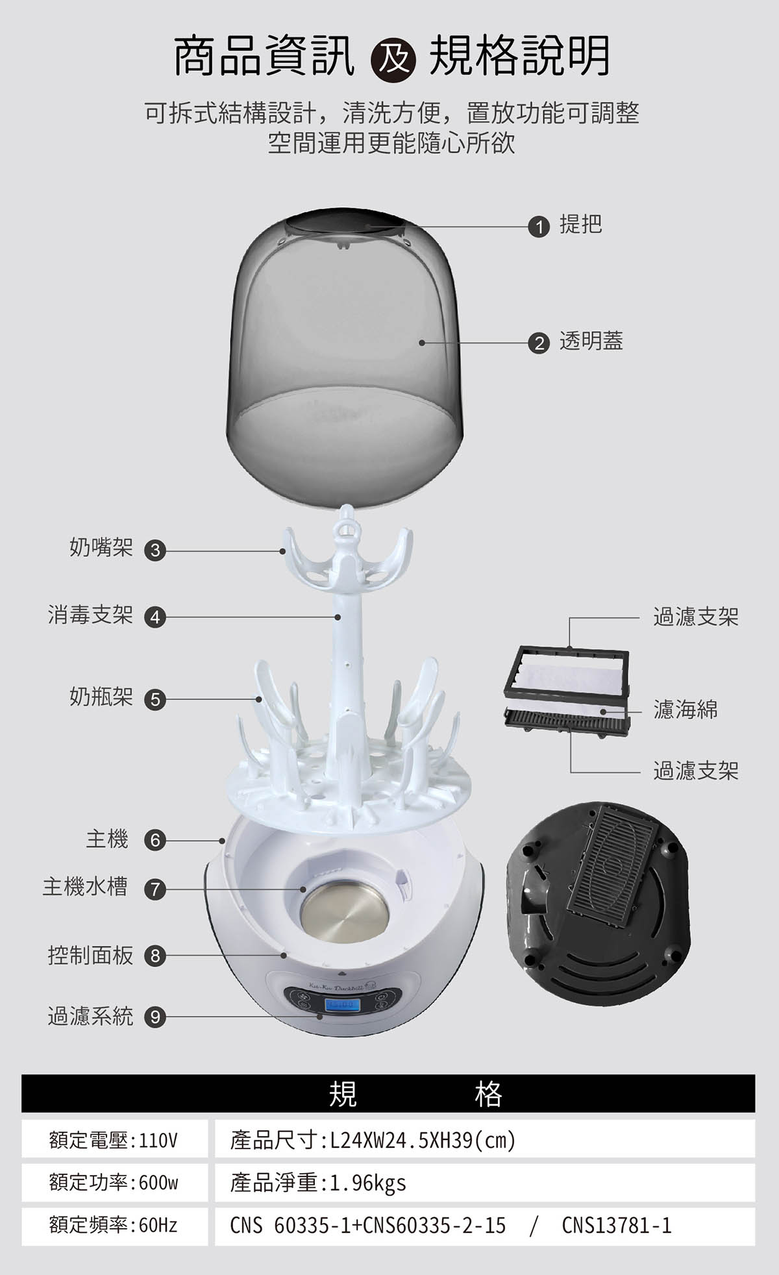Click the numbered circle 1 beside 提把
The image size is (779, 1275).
click(x=539, y=227)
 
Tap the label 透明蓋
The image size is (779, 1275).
click(x=591, y=341)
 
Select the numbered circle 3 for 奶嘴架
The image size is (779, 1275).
click(x=155, y=551)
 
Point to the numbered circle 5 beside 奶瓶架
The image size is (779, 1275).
click(x=155, y=699)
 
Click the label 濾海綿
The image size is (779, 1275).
click(x=685, y=710)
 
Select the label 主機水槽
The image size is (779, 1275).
click(x=85, y=887)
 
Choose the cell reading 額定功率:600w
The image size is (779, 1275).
click(x=114, y=1182)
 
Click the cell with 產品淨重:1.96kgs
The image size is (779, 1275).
click(x=484, y=1182)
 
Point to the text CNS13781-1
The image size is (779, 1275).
click(x=616, y=1225)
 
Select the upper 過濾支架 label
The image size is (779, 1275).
click(x=695, y=617)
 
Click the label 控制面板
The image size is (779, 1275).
click(x=90, y=955)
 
